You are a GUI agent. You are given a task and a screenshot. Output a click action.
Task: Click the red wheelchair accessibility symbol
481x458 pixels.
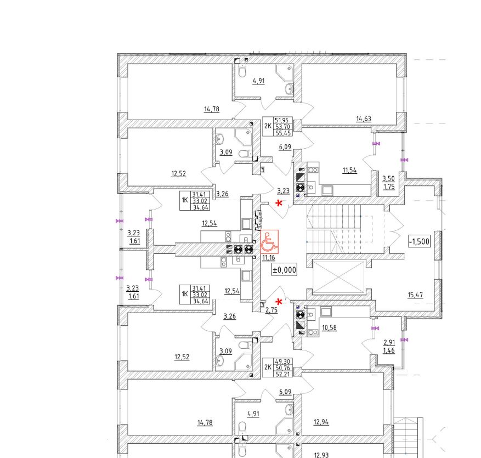pos(269,241)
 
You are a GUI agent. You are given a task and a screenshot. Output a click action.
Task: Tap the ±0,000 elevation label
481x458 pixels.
pos(284,269)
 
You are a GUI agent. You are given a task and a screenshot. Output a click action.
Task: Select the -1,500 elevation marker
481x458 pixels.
pos(418,241)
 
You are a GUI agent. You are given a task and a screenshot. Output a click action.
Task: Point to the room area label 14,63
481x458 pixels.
pos(364,118)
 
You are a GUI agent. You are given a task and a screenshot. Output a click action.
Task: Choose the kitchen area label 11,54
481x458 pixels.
pos(349,170)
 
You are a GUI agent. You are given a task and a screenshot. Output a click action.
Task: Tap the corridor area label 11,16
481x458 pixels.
pos(268,258)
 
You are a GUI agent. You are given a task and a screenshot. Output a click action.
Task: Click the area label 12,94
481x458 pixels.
pos(321,422)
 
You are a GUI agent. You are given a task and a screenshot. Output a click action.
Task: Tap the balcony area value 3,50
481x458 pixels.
pos(388,179)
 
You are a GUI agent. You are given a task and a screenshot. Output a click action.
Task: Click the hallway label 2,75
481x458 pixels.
pos(270,310)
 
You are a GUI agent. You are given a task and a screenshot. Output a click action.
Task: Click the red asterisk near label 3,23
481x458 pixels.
pos(280,203)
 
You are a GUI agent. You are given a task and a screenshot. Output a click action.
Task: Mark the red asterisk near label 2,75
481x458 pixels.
pos(280,302)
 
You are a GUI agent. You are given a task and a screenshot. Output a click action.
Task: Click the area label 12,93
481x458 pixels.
pos(321,455)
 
